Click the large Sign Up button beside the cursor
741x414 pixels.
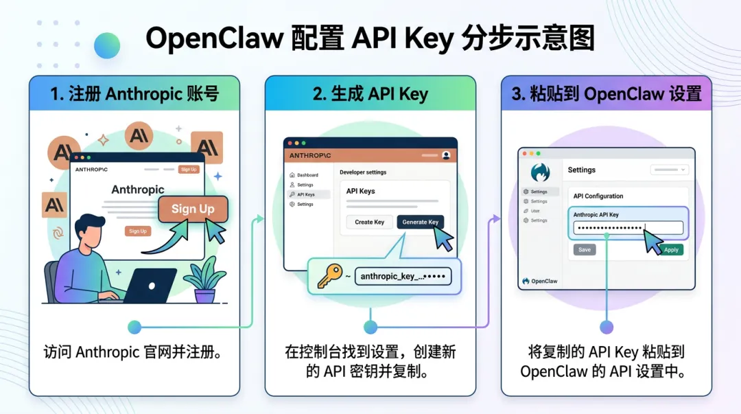pos(193,209)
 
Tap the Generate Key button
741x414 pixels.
pos(420,222)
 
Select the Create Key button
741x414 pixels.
pos(369,222)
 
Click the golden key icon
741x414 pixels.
pos(328,276)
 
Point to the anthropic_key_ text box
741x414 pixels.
pos(403,276)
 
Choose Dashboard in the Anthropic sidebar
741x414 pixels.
pos(307,175)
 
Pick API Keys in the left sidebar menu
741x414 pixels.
pos(305,194)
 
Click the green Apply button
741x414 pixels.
pos(670,250)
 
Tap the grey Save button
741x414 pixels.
pos(585,250)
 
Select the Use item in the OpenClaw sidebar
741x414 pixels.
pos(535,211)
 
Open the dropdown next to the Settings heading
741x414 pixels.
pos(670,170)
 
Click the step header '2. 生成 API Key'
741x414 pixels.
pos(370,94)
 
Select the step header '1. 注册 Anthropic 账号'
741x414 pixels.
pos(134,94)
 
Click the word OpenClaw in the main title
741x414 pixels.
pos(214,40)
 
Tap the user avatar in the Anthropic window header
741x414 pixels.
pos(447,155)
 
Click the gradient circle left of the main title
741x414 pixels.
pos(107,45)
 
